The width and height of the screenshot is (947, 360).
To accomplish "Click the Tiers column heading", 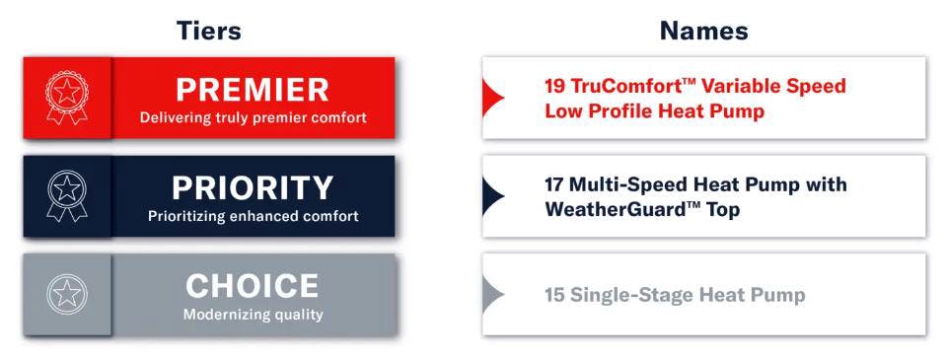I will pyautogui.click(x=208, y=31).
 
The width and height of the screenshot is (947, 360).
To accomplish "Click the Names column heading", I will pyautogui.click(x=703, y=31).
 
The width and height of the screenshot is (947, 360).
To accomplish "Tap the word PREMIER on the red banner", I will pyautogui.click(x=253, y=89).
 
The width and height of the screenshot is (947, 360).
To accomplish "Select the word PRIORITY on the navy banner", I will pyautogui.click(x=253, y=187).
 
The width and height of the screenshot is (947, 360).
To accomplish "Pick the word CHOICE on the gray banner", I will pyautogui.click(x=253, y=286).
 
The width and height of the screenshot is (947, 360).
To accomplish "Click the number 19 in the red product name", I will pyautogui.click(x=554, y=86).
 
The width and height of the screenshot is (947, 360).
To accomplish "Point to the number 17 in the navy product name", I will pyautogui.click(x=554, y=184).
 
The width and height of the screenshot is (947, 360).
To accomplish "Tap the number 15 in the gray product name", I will pyautogui.click(x=554, y=294).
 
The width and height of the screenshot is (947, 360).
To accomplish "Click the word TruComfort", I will pyautogui.click(x=625, y=86).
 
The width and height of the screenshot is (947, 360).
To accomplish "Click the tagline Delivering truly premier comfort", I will pyautogui.click(x=253, y=118).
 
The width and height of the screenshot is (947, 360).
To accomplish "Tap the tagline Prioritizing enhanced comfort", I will pyautogui.click(x=253, y=216).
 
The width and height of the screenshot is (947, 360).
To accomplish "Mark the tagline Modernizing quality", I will pyautogui.click(x=253, y=316).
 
